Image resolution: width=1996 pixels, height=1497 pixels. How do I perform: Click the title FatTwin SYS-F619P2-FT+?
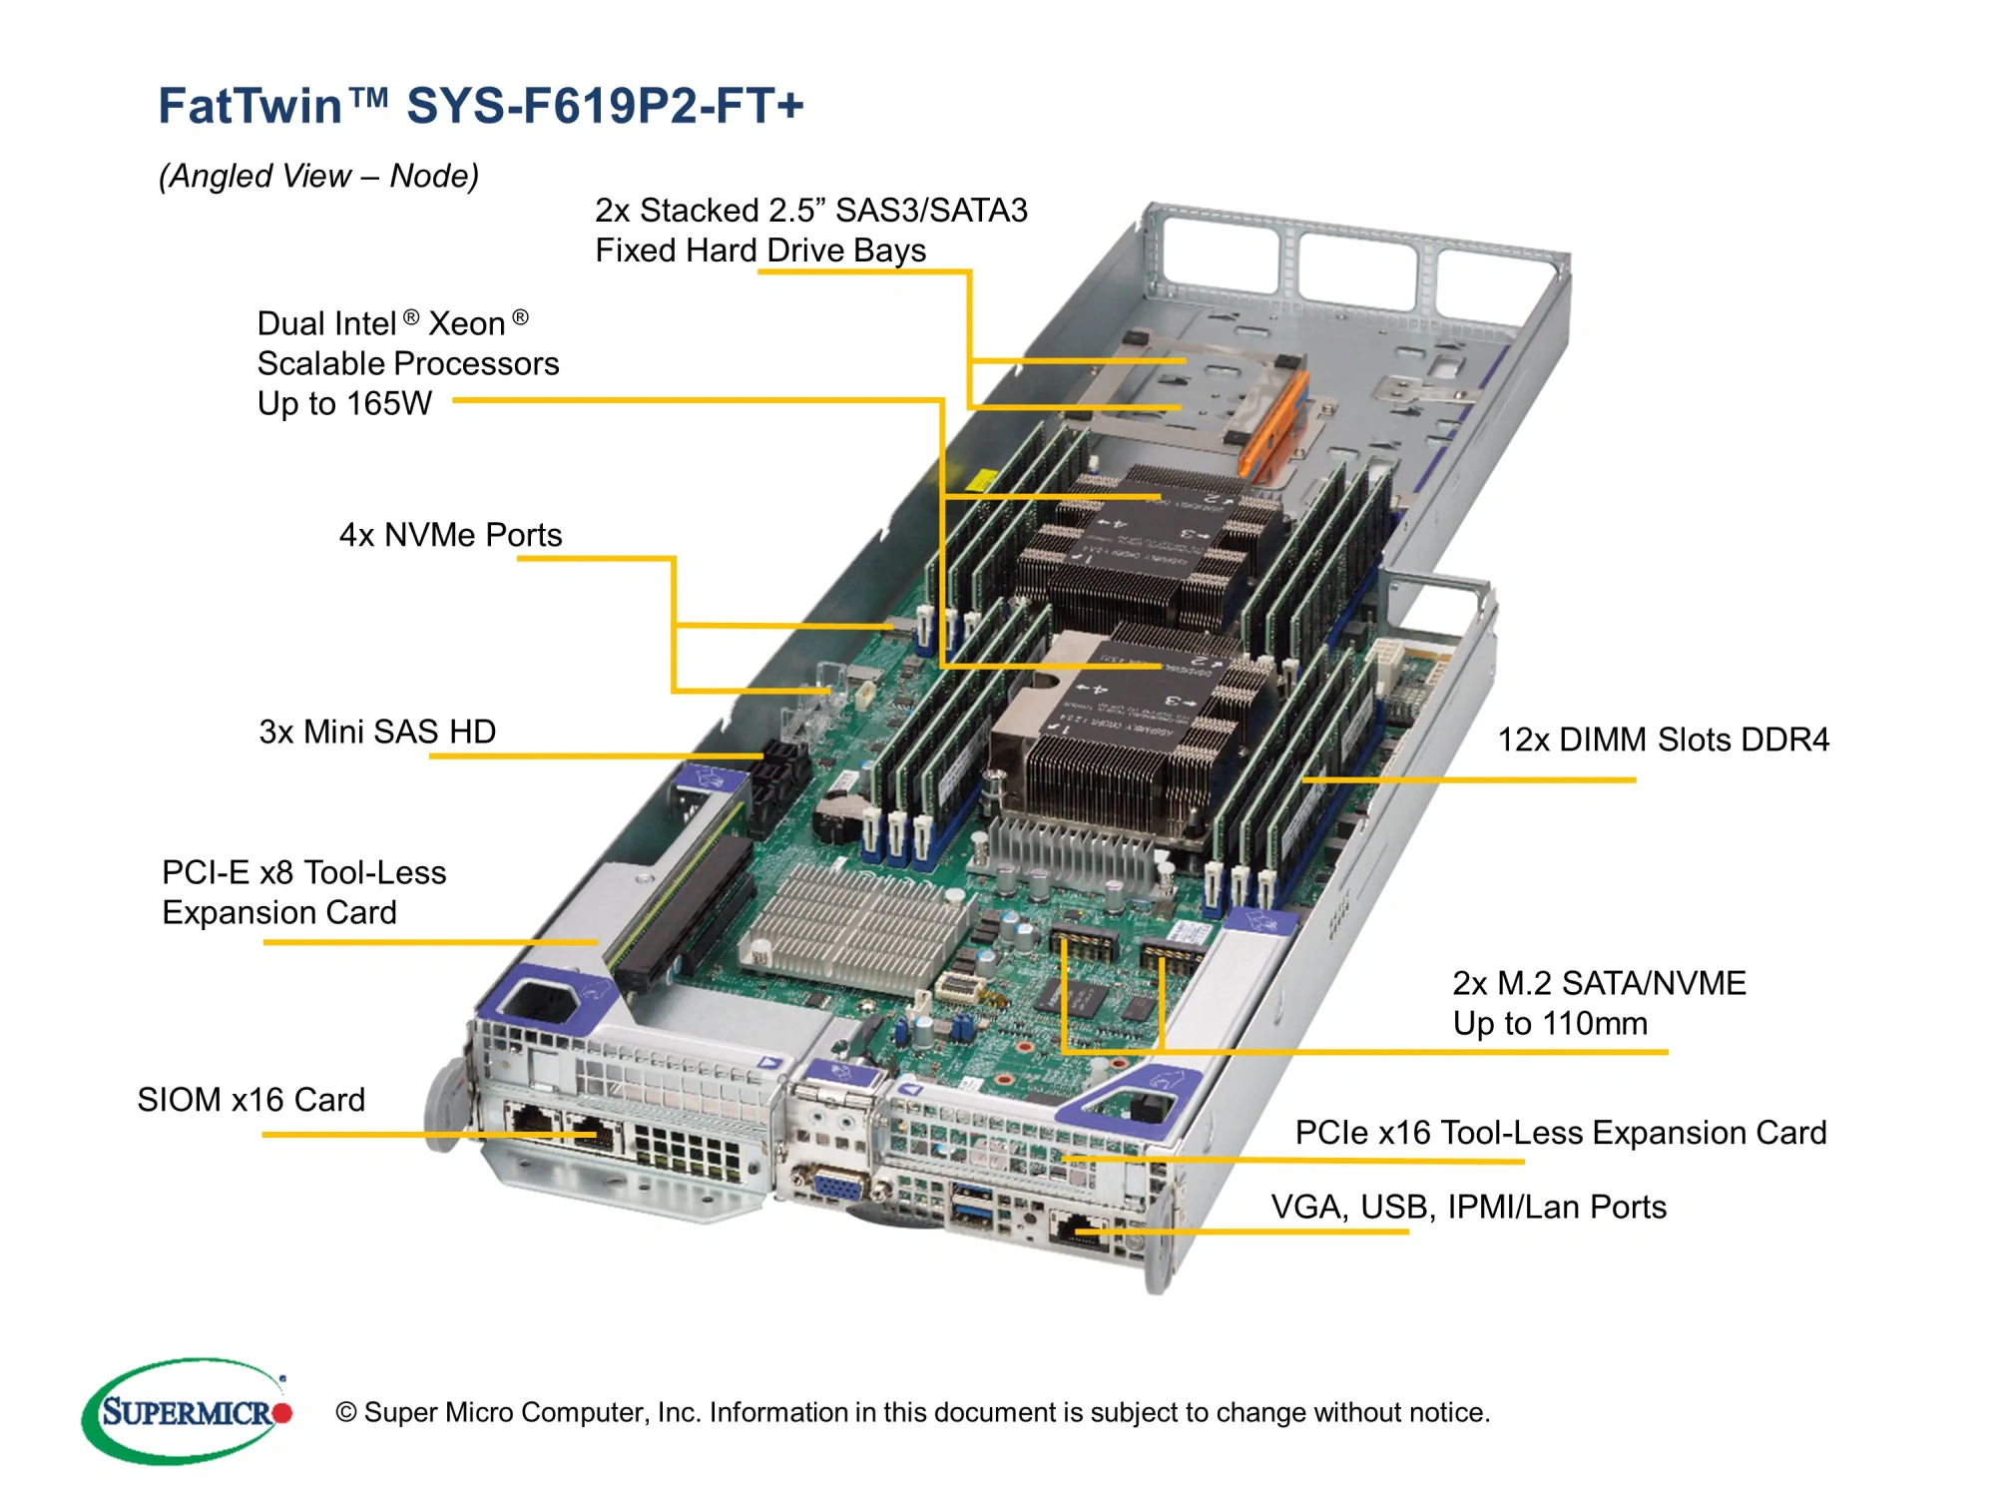(x=480, y=106)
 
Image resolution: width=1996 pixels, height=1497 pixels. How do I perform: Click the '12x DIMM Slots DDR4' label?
(x=1663, y=740)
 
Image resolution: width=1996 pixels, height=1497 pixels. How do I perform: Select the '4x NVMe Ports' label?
(x=450, y=535)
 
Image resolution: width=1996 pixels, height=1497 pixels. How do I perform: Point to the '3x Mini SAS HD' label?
(x=377, y=732)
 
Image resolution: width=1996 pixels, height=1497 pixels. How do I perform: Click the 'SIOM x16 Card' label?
(x=250, y=1100)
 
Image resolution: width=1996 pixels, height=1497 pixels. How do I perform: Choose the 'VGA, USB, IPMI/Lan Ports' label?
(x=1468, y=1207)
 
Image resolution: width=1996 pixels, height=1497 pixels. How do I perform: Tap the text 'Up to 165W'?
(x=344, y=403)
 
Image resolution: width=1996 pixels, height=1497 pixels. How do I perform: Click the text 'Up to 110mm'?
(x=1549, y=1023)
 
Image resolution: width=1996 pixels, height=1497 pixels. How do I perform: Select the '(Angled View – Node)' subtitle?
(x=318, y=176)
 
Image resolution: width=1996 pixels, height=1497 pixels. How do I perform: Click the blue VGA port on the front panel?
(x=837, y=1188)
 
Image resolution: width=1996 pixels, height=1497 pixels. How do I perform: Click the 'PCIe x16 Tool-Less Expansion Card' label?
(x=1560, y=1133)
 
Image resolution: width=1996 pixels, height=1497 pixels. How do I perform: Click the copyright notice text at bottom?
(x=912, y=1412)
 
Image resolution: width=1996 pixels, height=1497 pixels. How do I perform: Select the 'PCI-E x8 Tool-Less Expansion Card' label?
(x=303, y=892)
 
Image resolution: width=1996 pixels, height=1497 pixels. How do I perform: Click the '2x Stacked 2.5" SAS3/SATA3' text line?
(x=810, y=211)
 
